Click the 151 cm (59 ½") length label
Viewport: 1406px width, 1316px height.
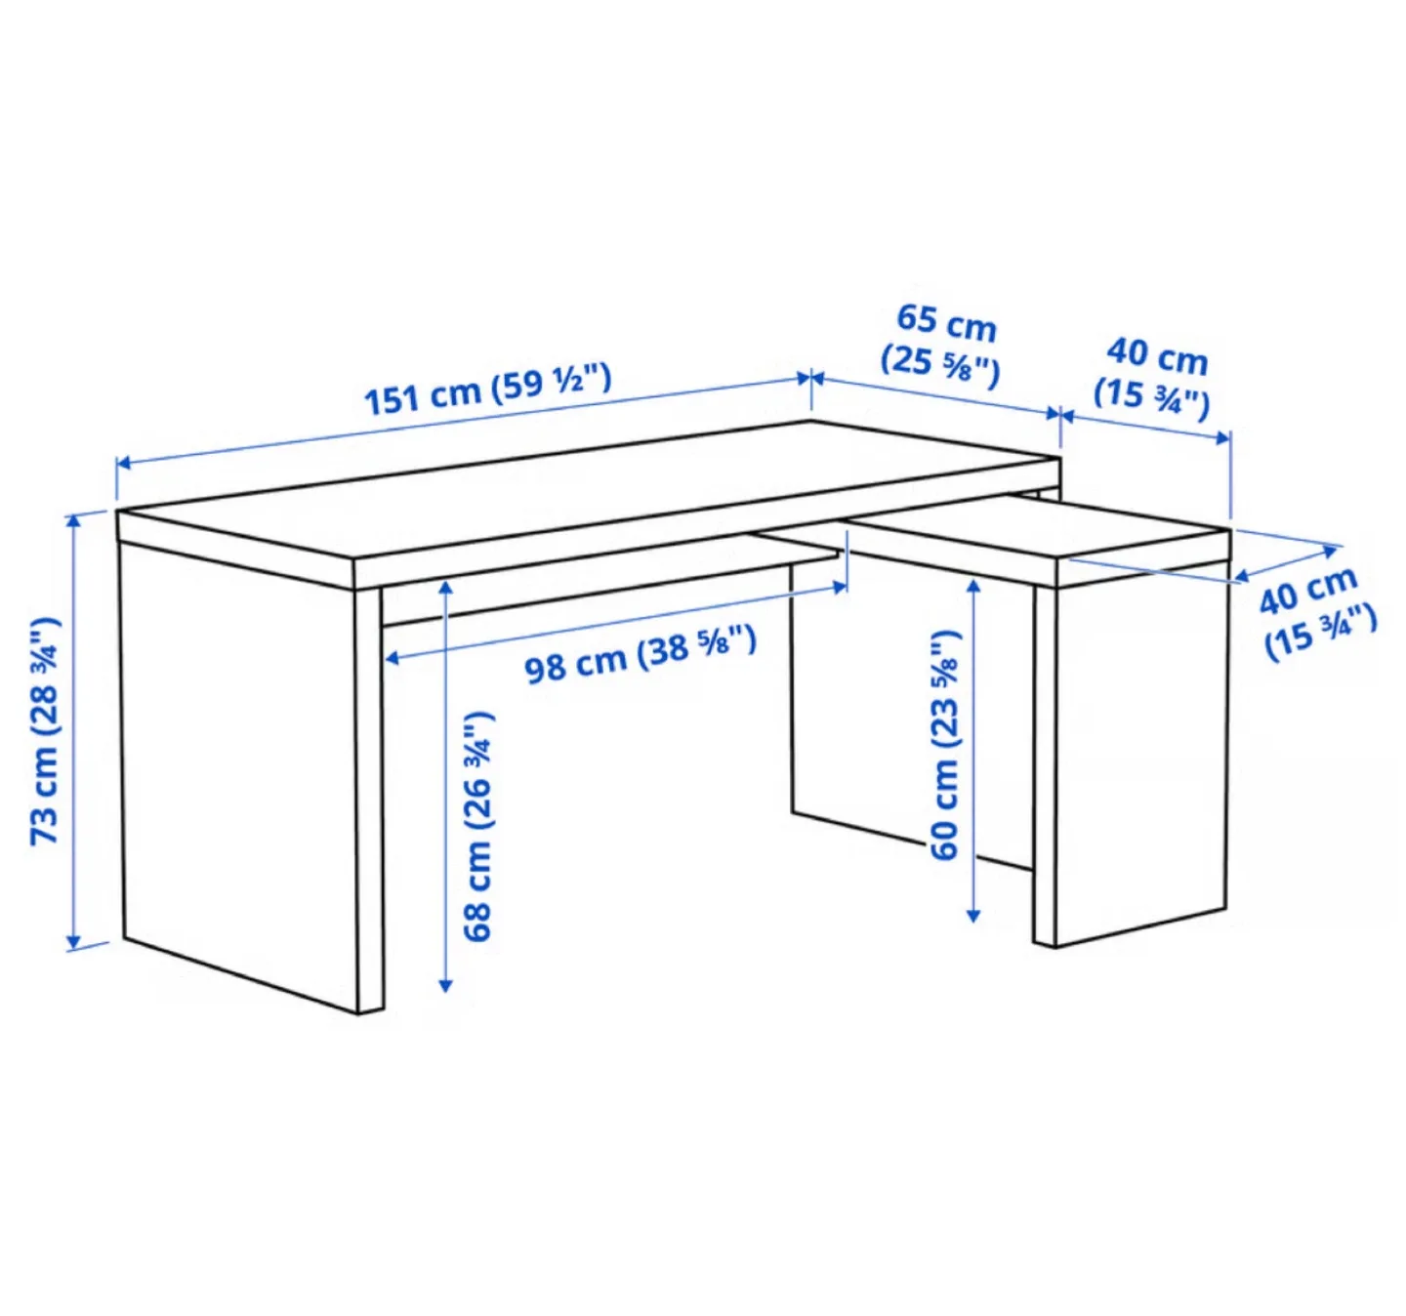coord(487,389)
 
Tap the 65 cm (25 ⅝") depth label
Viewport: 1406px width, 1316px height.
coord(942,343)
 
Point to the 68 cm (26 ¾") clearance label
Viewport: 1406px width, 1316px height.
coord(478,826)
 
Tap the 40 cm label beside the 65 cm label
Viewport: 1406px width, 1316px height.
coord(1153,375)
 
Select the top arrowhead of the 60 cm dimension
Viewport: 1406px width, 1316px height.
coord(972,585)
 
